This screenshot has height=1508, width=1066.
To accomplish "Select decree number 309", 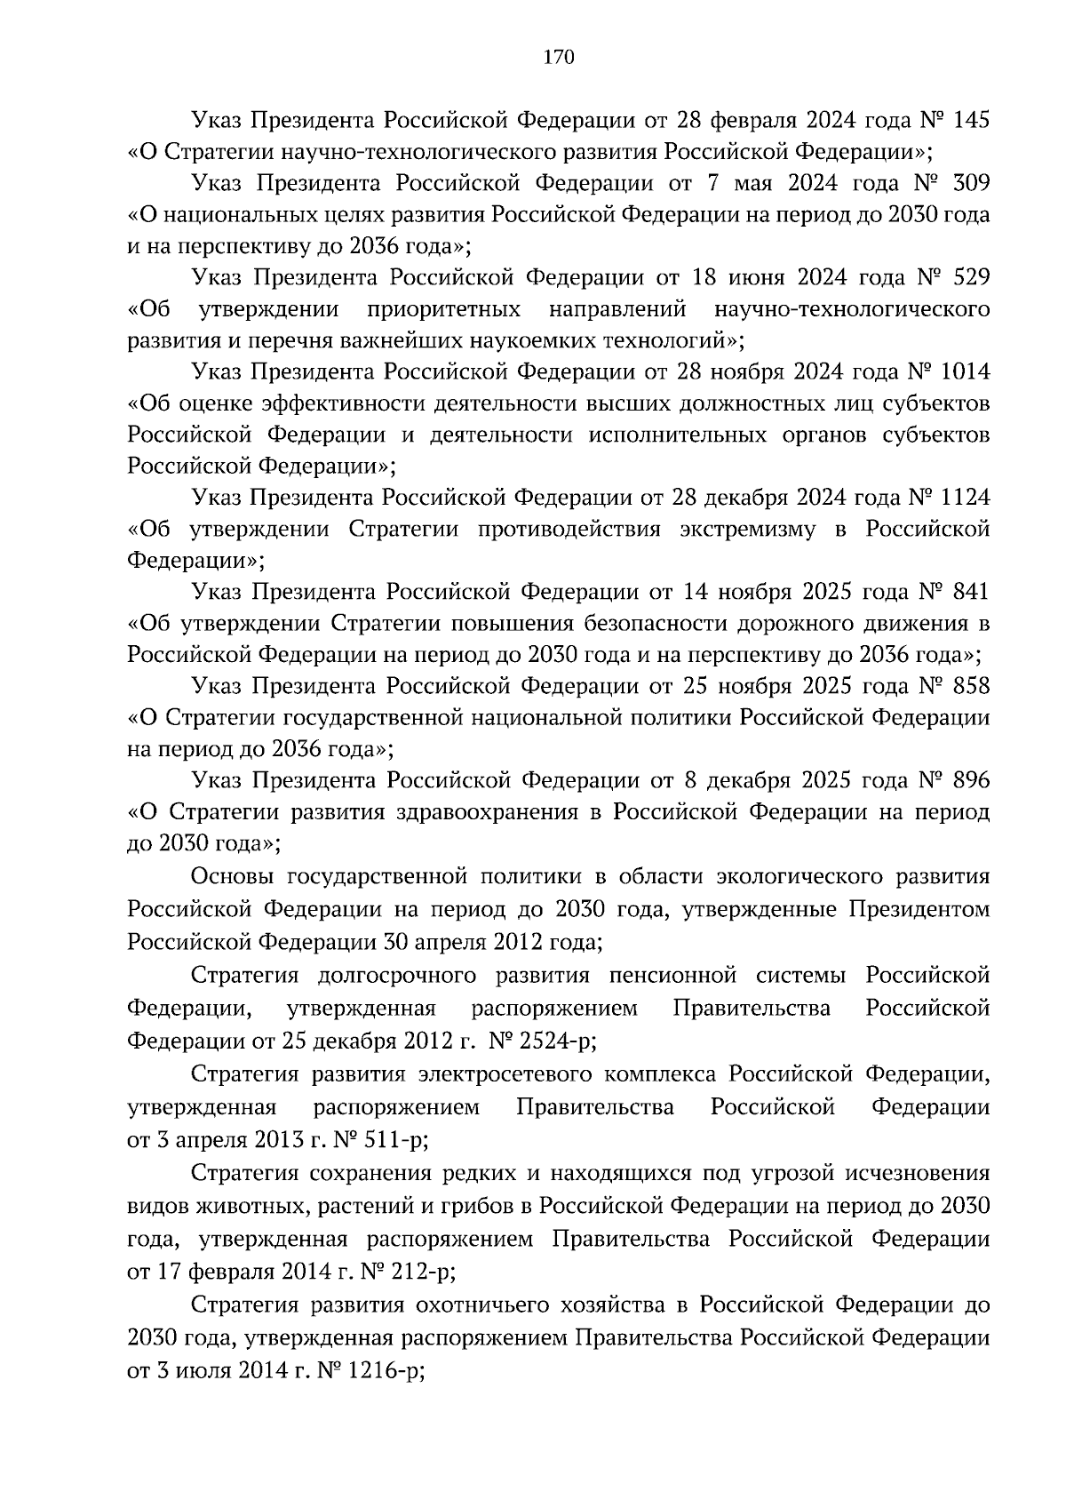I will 970,183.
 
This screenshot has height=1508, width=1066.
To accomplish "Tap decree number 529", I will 970,277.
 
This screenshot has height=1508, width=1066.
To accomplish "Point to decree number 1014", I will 965,371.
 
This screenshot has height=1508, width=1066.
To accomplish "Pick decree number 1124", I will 965,498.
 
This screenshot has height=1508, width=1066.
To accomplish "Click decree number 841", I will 969,592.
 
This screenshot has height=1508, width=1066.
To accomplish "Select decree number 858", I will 969,686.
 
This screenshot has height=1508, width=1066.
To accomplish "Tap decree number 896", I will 969,780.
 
